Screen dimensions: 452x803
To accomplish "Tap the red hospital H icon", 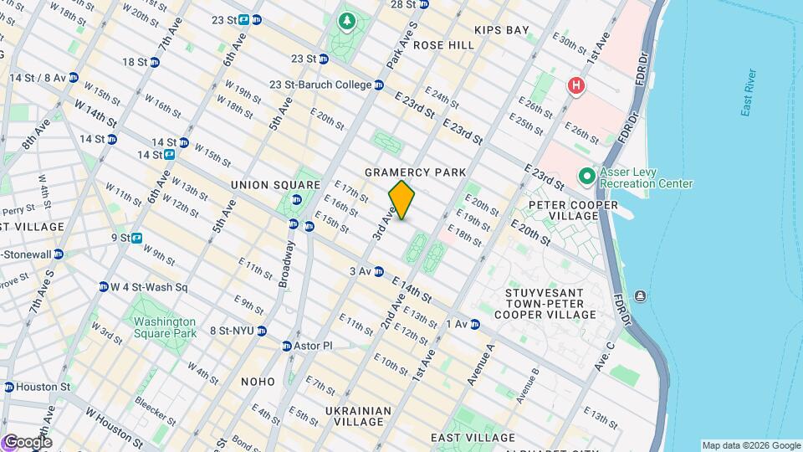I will click(575, 85).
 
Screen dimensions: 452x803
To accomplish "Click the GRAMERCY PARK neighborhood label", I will click(415, 172).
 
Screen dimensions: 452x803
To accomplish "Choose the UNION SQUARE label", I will click(275, 185).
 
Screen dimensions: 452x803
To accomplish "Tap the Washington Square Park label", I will click(164, 327).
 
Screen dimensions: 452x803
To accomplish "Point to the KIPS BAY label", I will click(502, 30).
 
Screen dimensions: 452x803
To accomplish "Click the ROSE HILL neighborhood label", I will click(443, 45).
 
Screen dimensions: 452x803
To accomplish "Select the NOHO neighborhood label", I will click(258, 382).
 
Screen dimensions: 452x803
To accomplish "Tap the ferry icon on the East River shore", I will click(640, 295).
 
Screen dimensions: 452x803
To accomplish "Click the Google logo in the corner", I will click(27, 442).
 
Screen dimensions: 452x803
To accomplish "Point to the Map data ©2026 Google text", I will click(751, 445).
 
